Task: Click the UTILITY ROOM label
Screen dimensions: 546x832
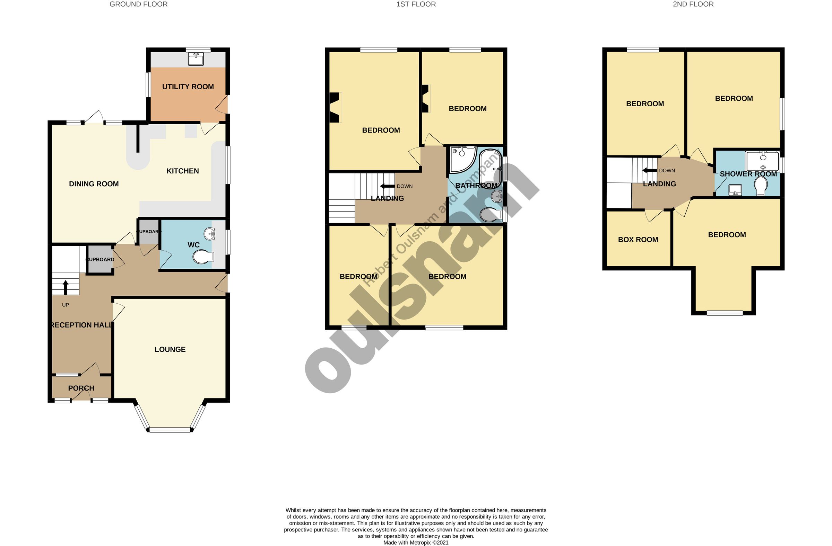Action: (188, 87)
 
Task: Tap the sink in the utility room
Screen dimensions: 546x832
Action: (196, 59)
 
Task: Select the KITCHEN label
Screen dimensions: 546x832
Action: (182, 171)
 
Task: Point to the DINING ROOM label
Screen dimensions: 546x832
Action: (94, 184)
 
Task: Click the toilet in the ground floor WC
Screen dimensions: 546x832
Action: (203, 257)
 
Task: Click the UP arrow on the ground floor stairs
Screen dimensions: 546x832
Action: (66, 287)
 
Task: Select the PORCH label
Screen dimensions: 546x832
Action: (81, 388)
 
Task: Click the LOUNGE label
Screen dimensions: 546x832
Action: (170, 349)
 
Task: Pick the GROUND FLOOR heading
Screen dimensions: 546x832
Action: (138, 4)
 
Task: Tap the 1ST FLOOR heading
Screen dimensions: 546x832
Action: (416, 4)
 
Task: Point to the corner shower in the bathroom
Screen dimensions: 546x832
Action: (462, 159)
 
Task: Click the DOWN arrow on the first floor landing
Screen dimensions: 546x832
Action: (387, 186)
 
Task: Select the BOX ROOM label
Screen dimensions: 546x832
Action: (638, 240)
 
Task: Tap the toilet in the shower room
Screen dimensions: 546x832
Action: (761, 186)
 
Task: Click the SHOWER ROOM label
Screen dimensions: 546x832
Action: (748, 174)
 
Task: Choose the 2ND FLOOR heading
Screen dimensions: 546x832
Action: (693, 4)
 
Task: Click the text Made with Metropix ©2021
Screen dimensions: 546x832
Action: (416, 543)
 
